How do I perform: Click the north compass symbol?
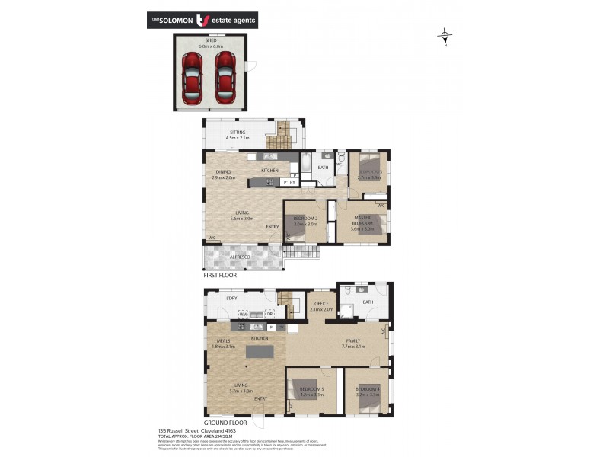pyautogui.click(x=445, y=35)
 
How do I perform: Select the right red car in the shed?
pyautogui.click(x=225, y=77)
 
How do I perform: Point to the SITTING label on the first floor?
pyautogui.click(x=238, y=133)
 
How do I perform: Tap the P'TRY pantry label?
pyautogui.click(x=289, y=182)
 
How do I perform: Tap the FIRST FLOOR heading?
pyautogui.click(x=220, y=276)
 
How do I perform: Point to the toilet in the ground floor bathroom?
pyautogui.click(x=346, y=291)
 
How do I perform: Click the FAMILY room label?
pyautogui.click(x=354, y=340)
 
